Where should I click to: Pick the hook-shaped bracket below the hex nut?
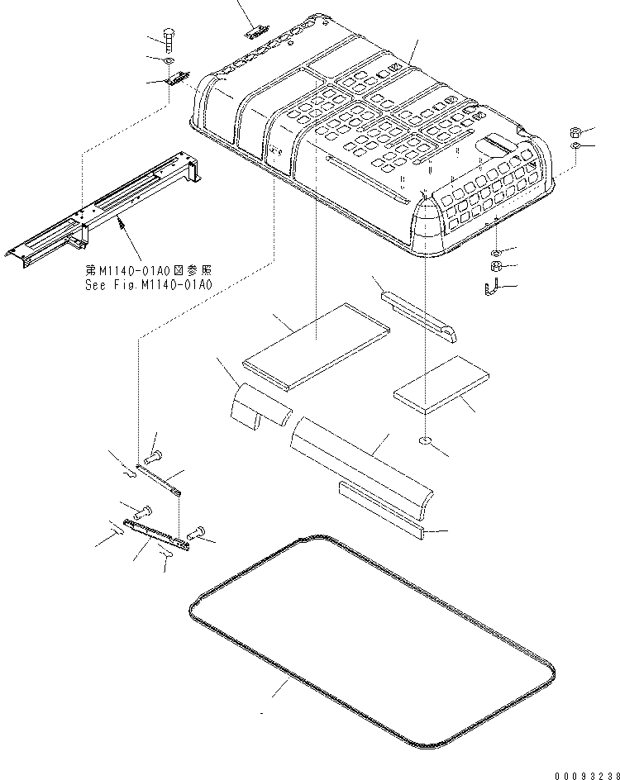coord(489,288)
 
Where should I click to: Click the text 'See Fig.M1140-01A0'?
coord(149,284)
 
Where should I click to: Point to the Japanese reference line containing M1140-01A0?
coord(149,270)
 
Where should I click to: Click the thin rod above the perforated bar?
coord(157,479)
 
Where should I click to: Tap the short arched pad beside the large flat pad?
coord(258,406)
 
